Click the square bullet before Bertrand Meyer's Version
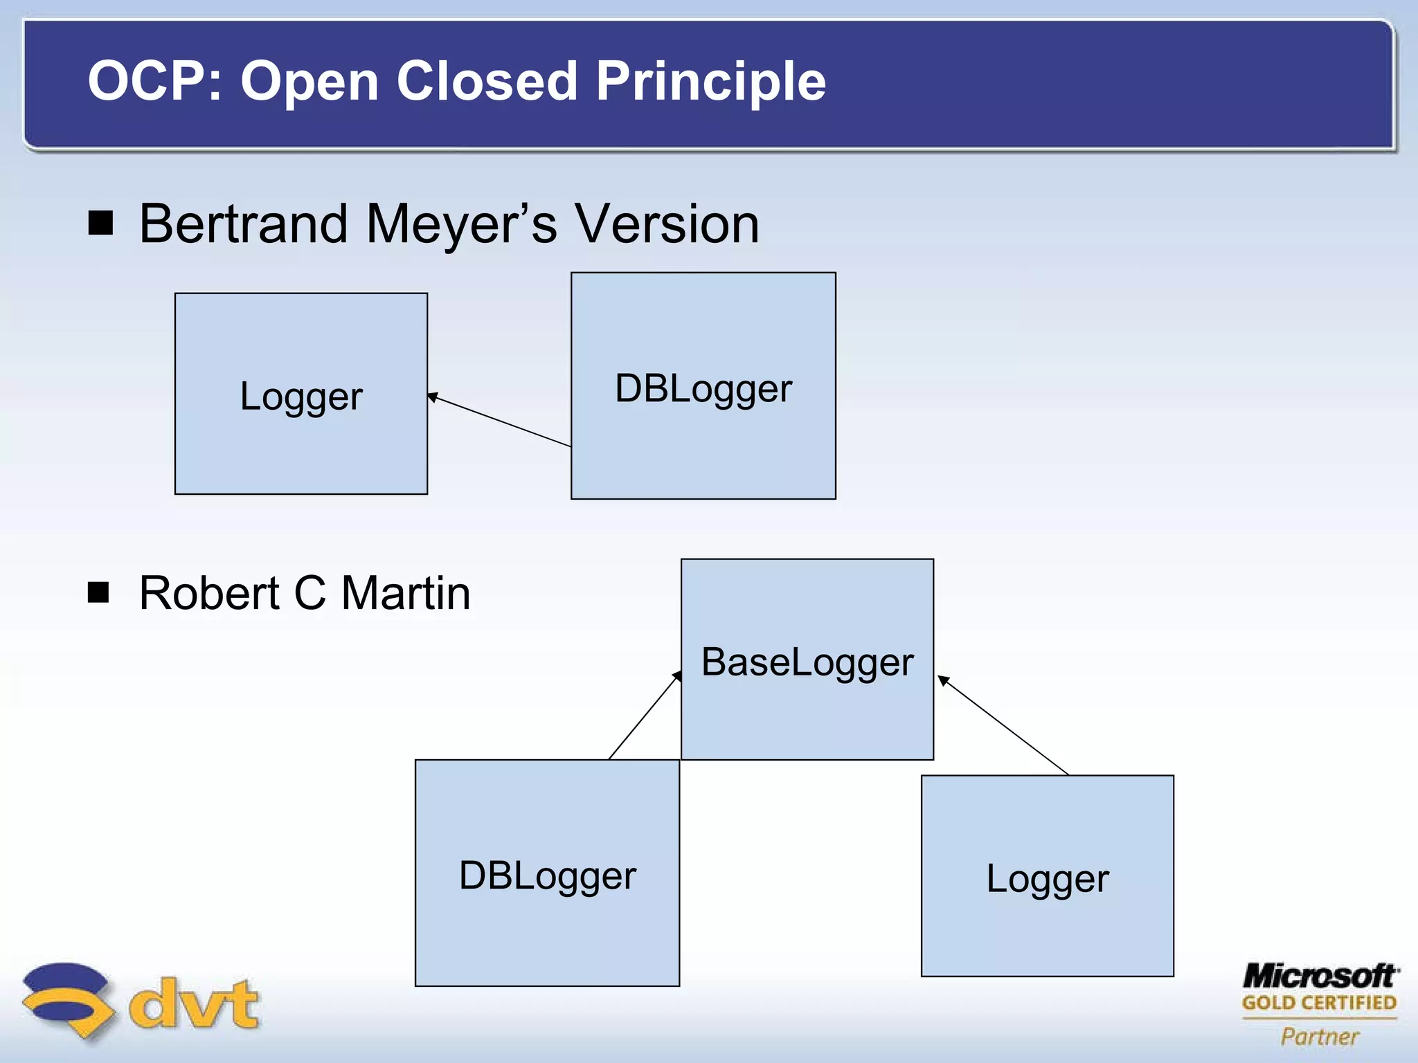101,224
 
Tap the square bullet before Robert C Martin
99,592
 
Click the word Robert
209,593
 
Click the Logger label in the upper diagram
301,396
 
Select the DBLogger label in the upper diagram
703,388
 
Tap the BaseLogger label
807,662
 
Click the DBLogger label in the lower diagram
547,875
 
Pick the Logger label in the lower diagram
1047,879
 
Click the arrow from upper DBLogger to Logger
499,421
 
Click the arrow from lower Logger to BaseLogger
1003,725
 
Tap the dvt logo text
194,1003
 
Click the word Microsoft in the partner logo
1320,976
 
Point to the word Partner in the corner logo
1320,1036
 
